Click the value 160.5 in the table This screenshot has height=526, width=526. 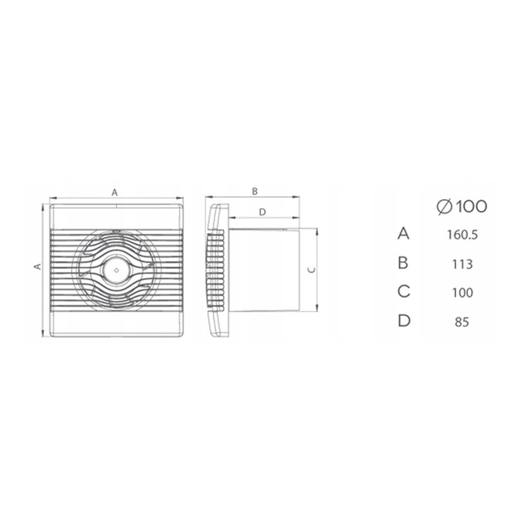462,235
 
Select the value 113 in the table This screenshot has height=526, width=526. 462,264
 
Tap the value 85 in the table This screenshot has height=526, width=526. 462,322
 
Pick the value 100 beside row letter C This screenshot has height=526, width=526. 462,293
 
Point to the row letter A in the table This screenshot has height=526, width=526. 404,233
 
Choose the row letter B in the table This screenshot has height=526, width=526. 403,262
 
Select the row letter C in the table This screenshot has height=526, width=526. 404,291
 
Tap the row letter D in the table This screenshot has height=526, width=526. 404,320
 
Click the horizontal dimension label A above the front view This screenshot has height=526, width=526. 114,193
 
